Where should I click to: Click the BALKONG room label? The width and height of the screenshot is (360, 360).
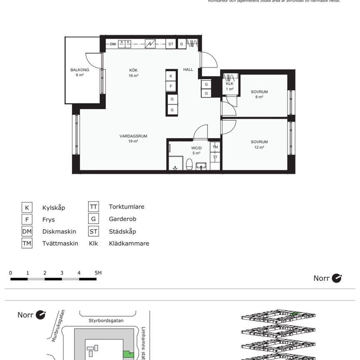80,72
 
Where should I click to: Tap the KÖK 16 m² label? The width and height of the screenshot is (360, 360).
133,72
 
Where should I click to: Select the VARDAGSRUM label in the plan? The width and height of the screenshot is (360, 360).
133,138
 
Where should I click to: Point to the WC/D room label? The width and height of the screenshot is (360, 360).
196,150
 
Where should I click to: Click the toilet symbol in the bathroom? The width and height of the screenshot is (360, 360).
189,165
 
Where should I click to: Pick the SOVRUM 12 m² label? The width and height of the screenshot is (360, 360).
259,144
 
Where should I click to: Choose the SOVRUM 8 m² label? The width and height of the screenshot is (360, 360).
259,94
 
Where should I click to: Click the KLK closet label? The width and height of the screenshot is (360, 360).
230,86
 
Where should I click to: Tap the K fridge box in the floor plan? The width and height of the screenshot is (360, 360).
171,76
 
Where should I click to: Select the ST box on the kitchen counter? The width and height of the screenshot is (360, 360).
171,43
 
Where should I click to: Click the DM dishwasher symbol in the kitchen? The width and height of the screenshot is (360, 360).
112,43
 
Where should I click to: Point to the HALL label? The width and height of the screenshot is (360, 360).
188,70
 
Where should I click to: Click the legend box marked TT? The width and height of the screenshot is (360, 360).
93,207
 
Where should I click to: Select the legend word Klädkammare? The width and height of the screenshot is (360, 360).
129,243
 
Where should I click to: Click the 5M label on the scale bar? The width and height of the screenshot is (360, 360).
98,273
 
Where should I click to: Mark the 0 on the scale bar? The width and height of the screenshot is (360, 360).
10,273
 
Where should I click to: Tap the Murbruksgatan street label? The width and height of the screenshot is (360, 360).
59,325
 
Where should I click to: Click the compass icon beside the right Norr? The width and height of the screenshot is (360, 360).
337,278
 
